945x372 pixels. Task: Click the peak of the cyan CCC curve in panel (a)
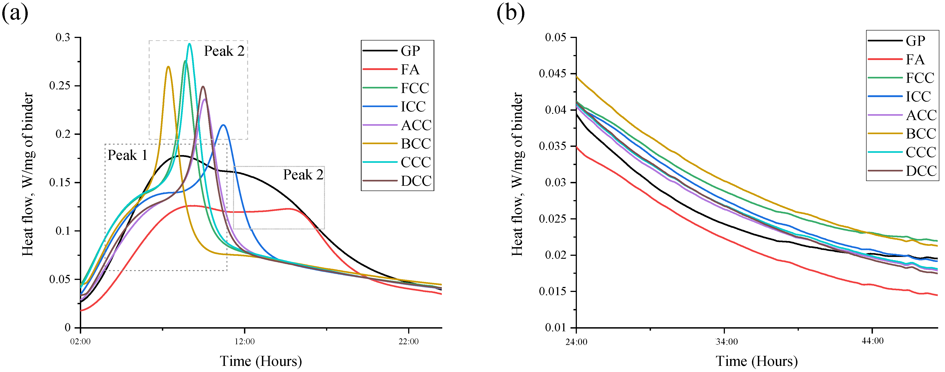(x=189, y=44)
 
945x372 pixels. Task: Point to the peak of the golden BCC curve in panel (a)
(x=168, y=67)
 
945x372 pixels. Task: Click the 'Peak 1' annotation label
(x=127, y=156)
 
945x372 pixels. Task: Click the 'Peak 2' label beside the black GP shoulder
(x=303, y=175)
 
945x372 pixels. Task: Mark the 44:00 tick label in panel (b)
(x=872, y=341)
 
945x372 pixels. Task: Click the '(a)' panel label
(x=15, y=14)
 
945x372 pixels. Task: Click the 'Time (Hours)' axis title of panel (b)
(x=757, y=361)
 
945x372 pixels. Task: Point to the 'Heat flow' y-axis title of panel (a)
(x=28, y=174)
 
